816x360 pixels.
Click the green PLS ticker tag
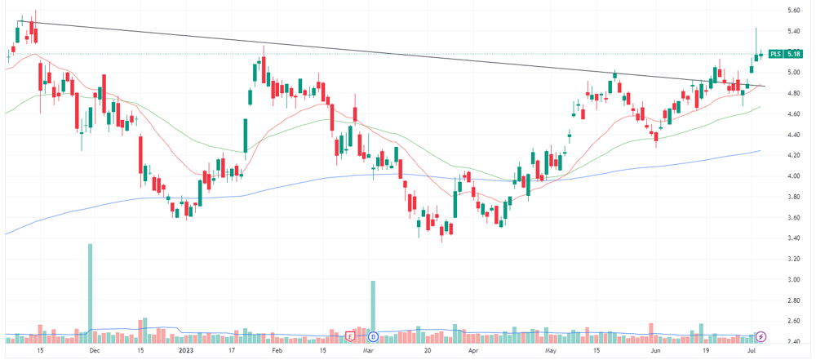click(x=775, y=54)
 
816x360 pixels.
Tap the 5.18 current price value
click(x=792, y=54)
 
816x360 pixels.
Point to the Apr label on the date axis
click(x=473, y=351)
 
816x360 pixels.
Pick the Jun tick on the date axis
click(x=657, y=351)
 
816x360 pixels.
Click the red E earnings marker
click(x=350, y=336)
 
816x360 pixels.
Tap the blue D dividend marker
click(x=372, y=336)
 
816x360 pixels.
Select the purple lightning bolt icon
click(x=761, y=336)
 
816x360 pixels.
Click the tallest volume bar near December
click(x=90, y=293)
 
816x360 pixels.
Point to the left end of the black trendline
click(x=18, y=21)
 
